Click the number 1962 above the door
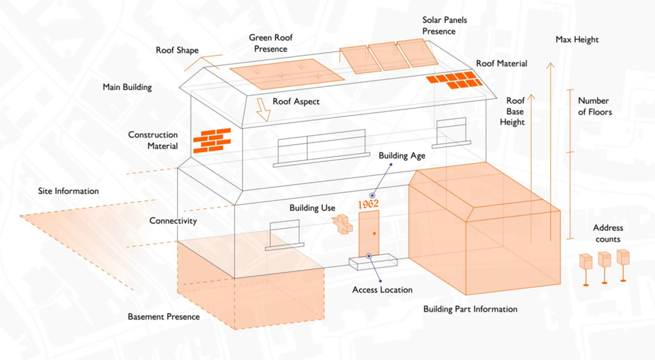[368, 204]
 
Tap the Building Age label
[402, 155]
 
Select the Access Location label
[383, 290]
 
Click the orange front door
[369, 233]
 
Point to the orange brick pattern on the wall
[212, 139]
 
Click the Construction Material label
[153, 141]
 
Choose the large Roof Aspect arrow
[262, 109]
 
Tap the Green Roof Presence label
[268, 43]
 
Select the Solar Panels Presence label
[445, 26]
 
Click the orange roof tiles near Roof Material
[455, 80]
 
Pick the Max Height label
[577, 40]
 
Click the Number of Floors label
[595, 106]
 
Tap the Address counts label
[608, 233]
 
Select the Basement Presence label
[163, 317]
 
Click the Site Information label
[68, 191]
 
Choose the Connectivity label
[173, 221]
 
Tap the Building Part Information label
[470, 309]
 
